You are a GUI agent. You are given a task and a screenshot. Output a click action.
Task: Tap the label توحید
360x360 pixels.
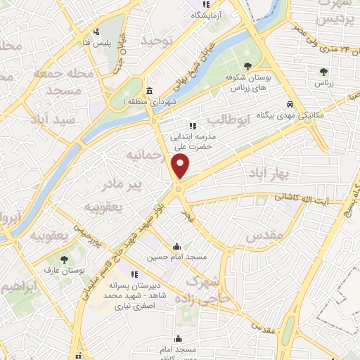(156, 42)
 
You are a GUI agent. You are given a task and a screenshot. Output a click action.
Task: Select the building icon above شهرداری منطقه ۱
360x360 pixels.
(149, 91)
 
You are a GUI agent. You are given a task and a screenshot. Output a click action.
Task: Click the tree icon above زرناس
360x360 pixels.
(323, 72)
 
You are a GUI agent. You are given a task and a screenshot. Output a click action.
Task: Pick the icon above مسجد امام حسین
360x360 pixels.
(176, 247)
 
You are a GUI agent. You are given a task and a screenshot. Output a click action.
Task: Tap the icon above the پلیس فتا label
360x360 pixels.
(97, 32)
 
